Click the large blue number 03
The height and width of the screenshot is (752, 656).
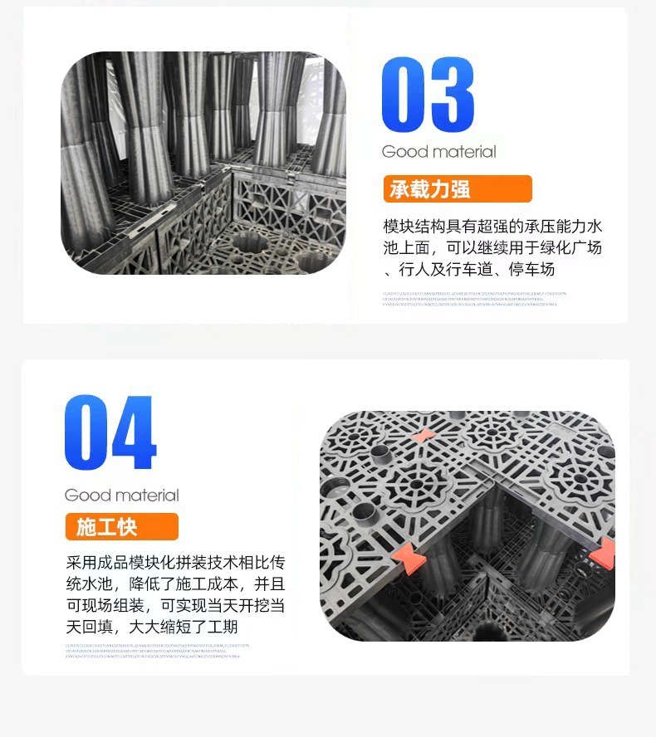coord(427,95)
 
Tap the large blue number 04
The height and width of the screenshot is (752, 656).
coord(110,433)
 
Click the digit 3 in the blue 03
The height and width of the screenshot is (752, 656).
coord(453,95)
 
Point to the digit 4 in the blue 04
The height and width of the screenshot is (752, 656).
coord(135,433)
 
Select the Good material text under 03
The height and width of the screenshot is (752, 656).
coord(438,152)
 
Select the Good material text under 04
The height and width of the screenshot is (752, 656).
coord(121,496)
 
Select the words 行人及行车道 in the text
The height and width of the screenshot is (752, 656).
coord(448,270)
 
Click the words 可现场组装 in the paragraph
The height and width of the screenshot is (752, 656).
coord(106,606)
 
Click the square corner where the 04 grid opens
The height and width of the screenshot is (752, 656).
coord(497,488)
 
